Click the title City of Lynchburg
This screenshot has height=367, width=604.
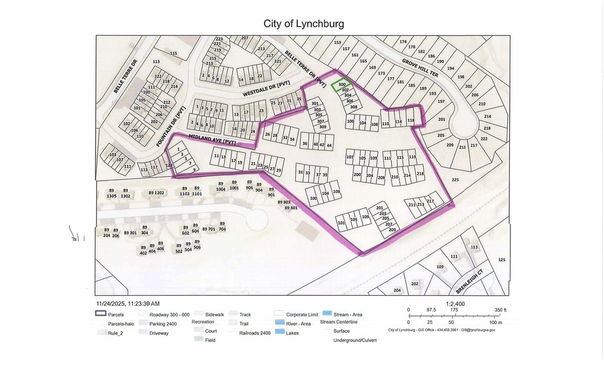(304, 24)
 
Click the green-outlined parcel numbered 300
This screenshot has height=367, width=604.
(341, 85)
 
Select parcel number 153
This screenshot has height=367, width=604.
(338, 42)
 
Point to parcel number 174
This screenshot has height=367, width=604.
(402, 41)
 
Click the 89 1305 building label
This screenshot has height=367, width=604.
(111, 193)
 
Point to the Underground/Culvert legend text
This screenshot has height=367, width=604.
(355, 340)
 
